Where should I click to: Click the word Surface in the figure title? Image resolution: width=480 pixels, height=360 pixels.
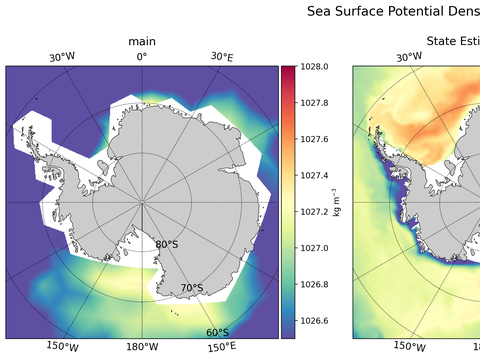[x=362, y=12]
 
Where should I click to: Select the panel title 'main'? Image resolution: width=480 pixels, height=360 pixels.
[x=141, y=41]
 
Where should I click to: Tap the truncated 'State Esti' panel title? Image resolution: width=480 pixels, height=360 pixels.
[x=453, y=41]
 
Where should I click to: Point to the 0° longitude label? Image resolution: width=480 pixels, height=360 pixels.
[x=141, y=57]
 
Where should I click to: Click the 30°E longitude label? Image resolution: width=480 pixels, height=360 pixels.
[x=222, y=57]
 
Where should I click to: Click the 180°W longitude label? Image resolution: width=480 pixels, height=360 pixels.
[x=141, y=348]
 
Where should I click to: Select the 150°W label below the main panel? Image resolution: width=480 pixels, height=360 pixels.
[x=63, y=348]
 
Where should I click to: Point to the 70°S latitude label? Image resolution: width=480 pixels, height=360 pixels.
[x=191, y=289]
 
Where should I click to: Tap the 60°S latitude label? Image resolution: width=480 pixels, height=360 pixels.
[x=217, y=333]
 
